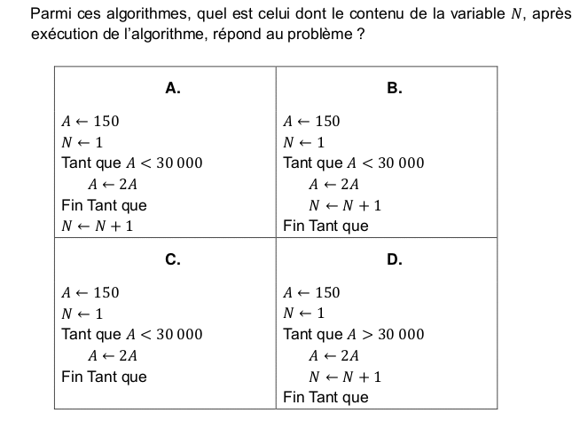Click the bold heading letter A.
click(174, 87)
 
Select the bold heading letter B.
click(395, 87)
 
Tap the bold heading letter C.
click(174, 259)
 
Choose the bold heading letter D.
click(395, 259)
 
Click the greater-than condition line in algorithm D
click(353, 335)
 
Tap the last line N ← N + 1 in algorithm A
click(97, 226)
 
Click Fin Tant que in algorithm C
click(104, 377)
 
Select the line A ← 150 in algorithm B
click(311, 122)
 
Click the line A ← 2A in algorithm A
click(112, 185)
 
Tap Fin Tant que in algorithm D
click(325, 397)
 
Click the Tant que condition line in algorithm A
click(131, 163)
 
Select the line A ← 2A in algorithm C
click(112, 356)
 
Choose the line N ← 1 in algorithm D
click(303, 314)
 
